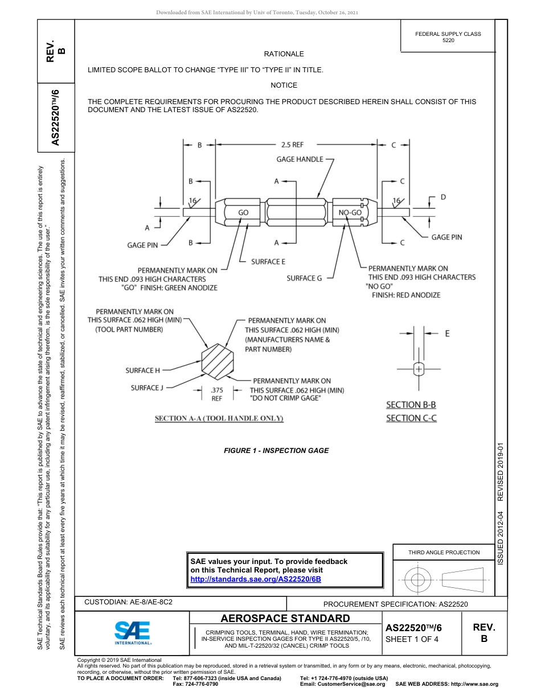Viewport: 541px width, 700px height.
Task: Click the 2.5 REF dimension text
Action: click(x=292, y=145)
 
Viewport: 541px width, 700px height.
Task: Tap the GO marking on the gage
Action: click(x=243, y=212)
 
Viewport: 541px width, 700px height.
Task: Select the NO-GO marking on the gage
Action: click(x=350, y=212)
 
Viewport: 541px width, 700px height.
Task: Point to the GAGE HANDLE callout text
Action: click(x=300, y=159)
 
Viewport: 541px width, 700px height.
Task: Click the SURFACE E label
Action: click(x=268, y=262)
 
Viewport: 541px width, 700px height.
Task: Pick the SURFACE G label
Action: click(x=304, y=278)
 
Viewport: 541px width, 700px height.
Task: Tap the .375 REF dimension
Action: click(x=216, y=394)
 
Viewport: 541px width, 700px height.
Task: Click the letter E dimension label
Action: click(x=447, y=333)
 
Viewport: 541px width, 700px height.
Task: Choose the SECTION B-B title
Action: click(x=411, y=405)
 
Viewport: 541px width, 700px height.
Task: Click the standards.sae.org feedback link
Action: click(x=256, y=579)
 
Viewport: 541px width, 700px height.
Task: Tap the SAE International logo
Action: click(x=133, y=632)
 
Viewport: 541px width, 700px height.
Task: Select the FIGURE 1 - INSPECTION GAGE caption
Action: click(x=276, y=451)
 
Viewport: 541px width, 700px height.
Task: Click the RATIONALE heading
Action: click(x=284, y=54)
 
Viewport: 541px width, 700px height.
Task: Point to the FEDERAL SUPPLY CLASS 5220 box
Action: click(x=448, y=37)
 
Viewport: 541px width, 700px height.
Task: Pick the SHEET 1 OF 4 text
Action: click(x=412, y=639)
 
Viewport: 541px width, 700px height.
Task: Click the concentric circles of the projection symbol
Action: click(x=418, y=580)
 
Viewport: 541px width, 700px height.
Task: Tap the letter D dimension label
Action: click(x=443, y=197)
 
